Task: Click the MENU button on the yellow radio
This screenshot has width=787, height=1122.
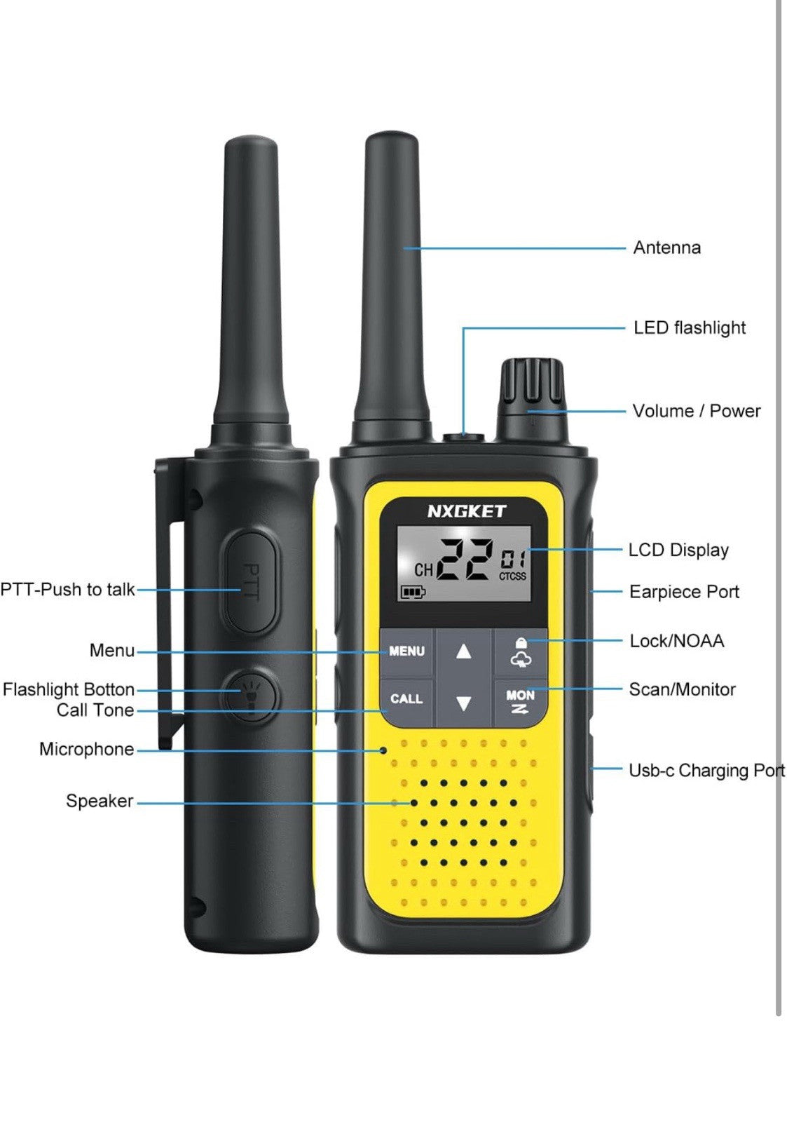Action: coord(407,651)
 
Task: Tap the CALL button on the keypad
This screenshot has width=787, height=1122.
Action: coord(406,699)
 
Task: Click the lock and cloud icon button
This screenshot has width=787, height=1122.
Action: coord(521,652)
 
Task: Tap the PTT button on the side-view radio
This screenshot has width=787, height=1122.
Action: coord(251,581)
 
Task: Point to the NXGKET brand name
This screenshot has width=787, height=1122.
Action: coord(466,511)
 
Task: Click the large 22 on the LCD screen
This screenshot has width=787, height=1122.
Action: coord(463,560)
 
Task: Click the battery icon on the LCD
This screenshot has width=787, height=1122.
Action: coord(412,593)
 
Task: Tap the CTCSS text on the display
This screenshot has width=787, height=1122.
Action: coord(512,576)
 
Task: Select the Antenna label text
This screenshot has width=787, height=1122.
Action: coord(666,248)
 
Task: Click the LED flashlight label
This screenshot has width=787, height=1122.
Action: coord(690,327)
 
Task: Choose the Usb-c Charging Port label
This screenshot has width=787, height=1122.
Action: coord(706,771)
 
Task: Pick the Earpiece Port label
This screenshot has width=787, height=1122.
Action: coord(684,592)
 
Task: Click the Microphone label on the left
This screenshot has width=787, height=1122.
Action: coord(86,749)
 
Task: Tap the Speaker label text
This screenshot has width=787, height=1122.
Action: coord(100,801)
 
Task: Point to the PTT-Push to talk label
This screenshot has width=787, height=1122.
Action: coord(67,589)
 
